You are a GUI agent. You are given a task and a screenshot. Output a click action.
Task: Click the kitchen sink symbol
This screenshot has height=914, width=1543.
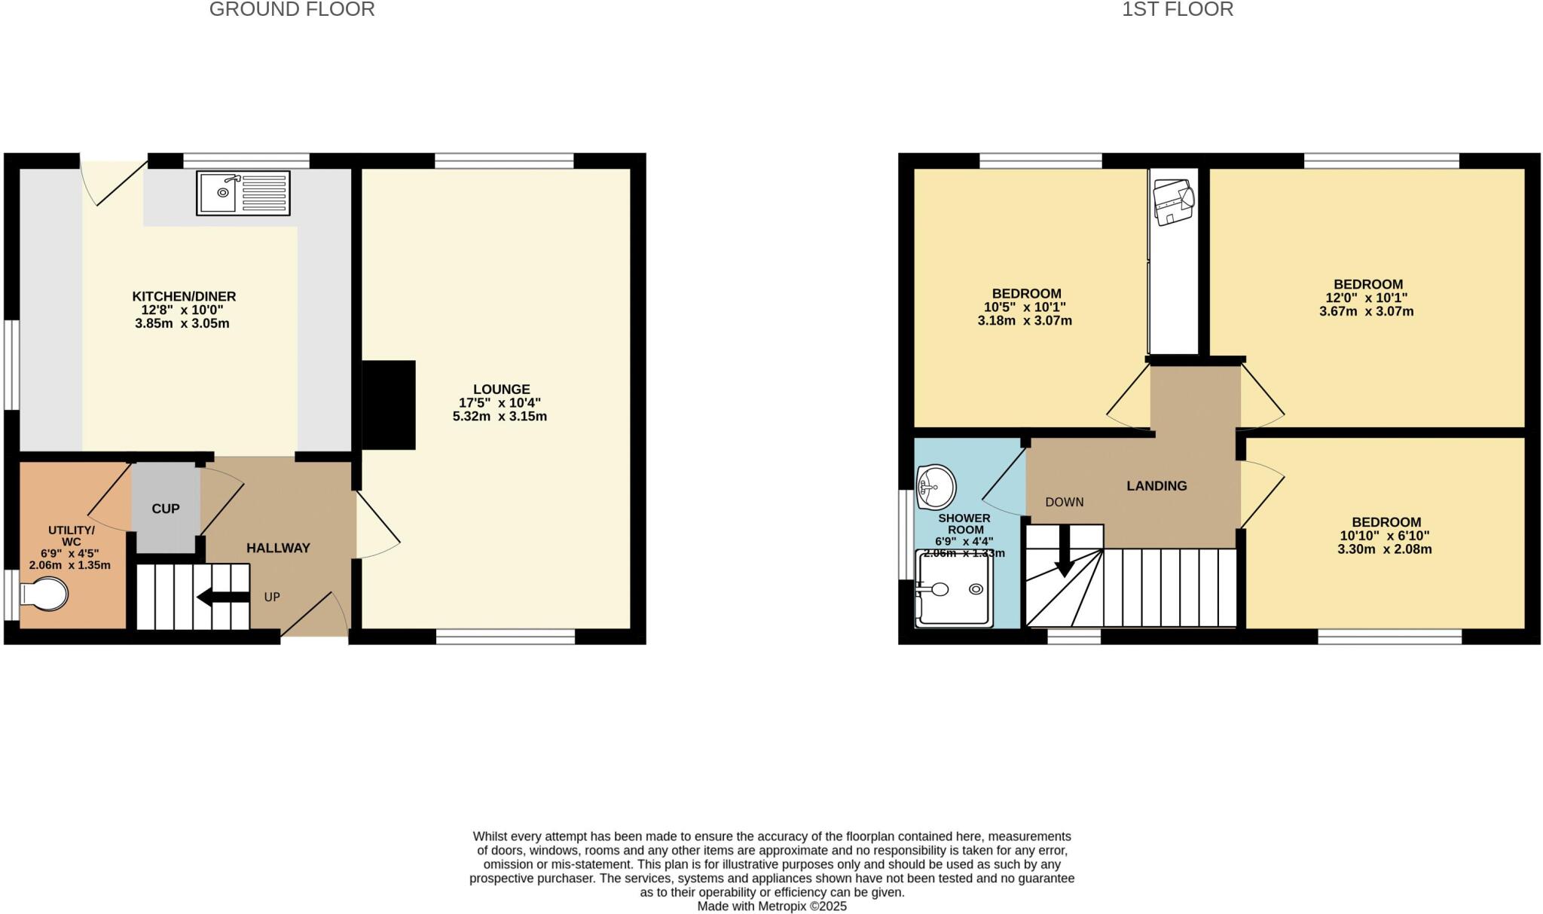click(x=243, y=193)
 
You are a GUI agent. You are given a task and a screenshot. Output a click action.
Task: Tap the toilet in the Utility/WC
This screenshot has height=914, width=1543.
click(x=45, y=595)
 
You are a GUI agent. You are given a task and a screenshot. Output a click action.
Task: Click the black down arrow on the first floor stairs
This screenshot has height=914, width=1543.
click(x=1065, y=552)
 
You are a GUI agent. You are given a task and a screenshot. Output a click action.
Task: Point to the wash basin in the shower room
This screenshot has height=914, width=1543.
click(x=936, y=486)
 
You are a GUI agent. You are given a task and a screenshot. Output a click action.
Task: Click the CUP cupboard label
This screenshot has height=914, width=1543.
click(x=166, y=509)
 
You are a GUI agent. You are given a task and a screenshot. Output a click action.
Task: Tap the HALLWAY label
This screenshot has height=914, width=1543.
click(x=278, y=548)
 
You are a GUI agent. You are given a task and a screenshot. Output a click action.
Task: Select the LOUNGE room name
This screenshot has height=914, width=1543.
click(x=501, y=390)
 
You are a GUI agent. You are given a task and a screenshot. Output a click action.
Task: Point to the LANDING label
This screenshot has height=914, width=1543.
click(x=1156, y=486)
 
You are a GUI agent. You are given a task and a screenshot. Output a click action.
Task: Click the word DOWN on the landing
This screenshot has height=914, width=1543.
click(x=1064, y=502)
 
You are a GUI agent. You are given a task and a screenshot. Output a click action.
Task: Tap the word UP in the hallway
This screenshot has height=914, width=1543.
click(x=272, y=597)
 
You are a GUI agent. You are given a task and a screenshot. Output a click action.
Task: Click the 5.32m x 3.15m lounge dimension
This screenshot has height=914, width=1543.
click(x=500, y=416)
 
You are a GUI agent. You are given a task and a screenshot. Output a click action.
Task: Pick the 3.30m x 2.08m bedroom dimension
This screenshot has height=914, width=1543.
click(x=1384, y=549)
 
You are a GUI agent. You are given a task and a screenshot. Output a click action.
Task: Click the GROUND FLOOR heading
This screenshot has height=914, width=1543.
click(x=292, y=10)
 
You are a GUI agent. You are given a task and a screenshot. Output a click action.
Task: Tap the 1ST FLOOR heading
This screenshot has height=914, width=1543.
click(x=1177, y=10)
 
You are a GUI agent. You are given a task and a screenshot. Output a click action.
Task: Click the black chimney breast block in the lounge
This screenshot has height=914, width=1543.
click(x=389, y=405)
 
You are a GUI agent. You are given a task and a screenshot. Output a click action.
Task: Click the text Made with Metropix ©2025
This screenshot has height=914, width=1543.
click(x=771, y=906)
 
